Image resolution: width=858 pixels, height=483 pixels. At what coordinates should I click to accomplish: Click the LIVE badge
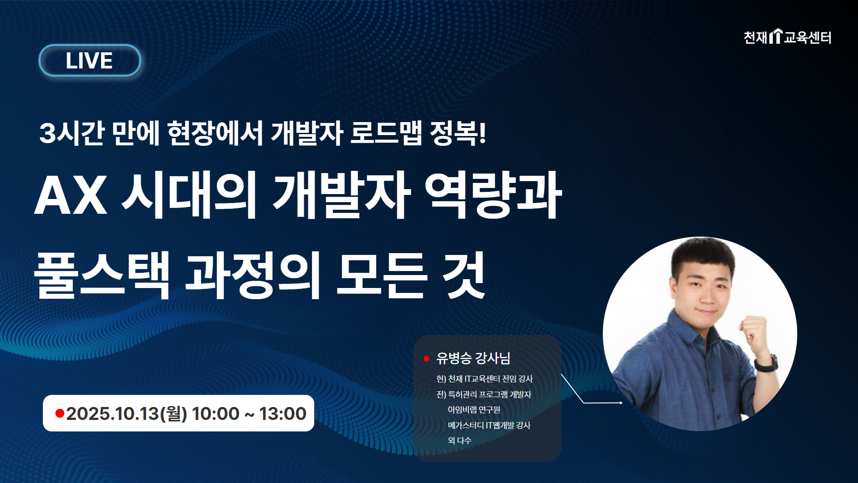tap(90, 60)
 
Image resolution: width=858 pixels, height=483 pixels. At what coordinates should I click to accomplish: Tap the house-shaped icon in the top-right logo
tap(776, 36)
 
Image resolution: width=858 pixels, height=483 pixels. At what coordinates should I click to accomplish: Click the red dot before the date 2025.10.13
tap(59, 413)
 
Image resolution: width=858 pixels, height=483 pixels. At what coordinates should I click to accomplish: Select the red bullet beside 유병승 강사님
tap(426, 359)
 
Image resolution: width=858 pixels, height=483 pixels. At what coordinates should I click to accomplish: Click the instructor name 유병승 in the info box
tap(454, 358)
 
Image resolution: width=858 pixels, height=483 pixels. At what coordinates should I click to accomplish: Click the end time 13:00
tap(282, 414)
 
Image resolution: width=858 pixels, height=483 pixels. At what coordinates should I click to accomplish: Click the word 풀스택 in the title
tap(102, 275)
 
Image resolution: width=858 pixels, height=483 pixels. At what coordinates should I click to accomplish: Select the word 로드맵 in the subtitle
tap(386, 133)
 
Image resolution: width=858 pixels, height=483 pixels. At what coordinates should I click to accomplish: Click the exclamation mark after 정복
tap(482, 133)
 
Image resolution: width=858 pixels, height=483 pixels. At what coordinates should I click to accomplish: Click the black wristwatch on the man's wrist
tap(767, 363)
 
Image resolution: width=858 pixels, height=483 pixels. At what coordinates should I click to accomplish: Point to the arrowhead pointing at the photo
tap(621, 403)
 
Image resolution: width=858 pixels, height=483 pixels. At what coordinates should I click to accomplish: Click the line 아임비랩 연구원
tap(474, 410)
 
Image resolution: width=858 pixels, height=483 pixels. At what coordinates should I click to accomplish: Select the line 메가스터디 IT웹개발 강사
tap(489, 425)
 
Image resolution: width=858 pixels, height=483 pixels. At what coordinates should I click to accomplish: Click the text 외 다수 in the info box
tap(459, 441)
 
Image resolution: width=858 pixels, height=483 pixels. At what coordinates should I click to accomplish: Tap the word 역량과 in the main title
tap(493, 195)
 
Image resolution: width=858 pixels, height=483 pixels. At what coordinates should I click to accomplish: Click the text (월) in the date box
tap(173, 414)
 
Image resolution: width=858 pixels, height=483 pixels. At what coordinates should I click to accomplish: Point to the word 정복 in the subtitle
tap(454, 133)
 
